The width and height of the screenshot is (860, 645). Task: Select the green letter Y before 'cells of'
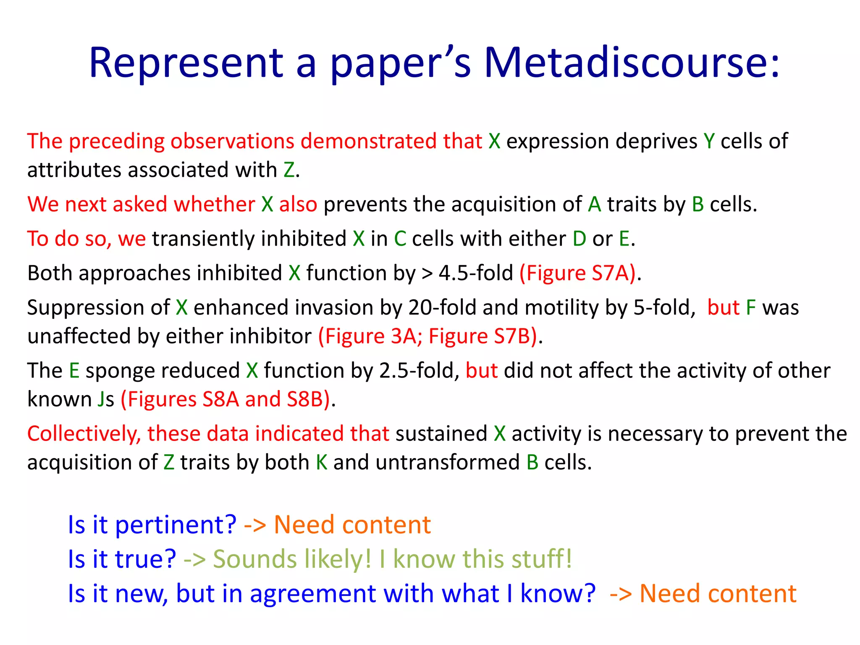tap(709, 141)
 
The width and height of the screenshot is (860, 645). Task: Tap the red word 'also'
tap(298, 205)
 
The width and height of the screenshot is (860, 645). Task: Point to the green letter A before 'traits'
tap(594, 205)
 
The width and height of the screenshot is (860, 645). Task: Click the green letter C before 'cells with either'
tap(400, 239)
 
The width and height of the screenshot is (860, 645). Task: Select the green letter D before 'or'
tap(579, 239)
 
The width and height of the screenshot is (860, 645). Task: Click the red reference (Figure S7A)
tap(578, 273)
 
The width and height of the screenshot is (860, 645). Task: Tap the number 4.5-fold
tap(476, 273)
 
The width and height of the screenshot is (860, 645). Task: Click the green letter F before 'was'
tap(751, 308)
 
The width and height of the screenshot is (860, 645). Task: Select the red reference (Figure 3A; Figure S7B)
tap(427, 336)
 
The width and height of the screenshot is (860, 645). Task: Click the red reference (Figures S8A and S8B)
tap(225, 399)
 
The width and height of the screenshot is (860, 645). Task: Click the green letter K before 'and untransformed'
tap(322, 462)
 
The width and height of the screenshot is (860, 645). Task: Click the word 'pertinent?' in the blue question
tap(176, 525)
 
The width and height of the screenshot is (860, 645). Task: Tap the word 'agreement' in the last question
tap(313, 594)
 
